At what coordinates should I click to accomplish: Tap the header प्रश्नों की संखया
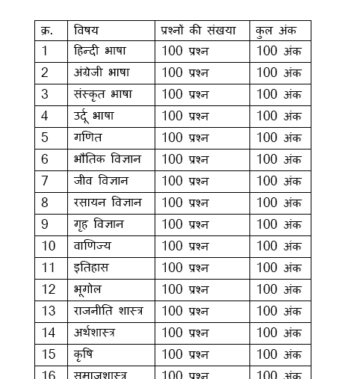198,31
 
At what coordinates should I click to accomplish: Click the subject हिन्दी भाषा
100,52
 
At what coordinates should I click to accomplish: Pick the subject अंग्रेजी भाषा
102,73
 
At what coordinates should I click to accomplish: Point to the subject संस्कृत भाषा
103,95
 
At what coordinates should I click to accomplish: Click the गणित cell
88,138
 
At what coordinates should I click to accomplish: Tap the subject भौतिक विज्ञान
108,160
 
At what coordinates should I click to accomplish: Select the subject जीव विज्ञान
102,182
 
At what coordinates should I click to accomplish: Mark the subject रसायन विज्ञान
108,203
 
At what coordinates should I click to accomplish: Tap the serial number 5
45,138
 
